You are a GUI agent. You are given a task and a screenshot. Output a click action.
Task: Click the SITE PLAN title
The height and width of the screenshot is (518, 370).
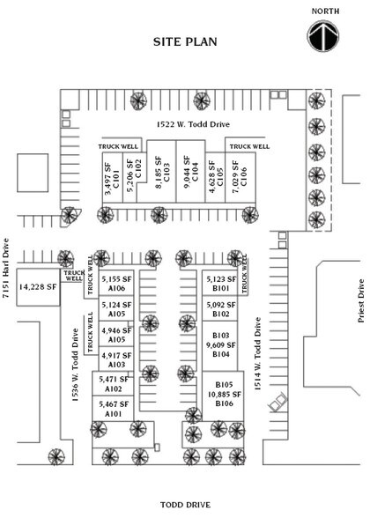[185, 41]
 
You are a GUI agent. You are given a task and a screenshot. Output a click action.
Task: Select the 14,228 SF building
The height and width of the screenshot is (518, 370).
[38, 286]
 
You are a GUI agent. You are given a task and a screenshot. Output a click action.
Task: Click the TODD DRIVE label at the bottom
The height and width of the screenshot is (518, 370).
[185, 504]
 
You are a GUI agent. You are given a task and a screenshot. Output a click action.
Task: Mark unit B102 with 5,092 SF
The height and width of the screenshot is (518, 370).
[220, 309]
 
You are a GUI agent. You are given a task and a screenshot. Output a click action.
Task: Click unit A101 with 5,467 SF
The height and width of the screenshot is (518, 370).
[115, 408]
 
